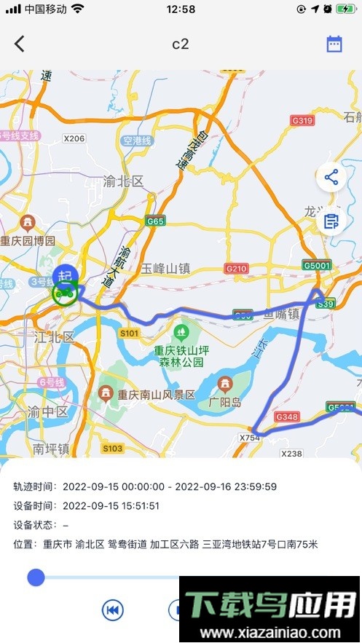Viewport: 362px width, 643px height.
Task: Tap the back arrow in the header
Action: tap(20, 44)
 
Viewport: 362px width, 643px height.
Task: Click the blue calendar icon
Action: tap(334, 44)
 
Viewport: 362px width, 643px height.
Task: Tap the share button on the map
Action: tap(331, 177)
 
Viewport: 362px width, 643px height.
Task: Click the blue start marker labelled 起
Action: tap(65, 275)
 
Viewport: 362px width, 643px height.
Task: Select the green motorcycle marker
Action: tap(64, 293)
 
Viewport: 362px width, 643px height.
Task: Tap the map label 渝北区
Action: tap(123, 181)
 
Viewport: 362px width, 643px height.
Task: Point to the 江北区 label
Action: tap(55, 336)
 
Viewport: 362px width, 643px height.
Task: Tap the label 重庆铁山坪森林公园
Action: tap(181, 356)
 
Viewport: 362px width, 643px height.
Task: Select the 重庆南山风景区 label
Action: tap(157, 395)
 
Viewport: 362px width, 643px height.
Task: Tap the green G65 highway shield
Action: tap(155, 221)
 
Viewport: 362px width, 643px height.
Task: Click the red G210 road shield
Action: tap(237, 268)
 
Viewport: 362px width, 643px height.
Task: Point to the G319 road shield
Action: tap(302, 120)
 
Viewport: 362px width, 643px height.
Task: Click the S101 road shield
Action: tap(129, 333)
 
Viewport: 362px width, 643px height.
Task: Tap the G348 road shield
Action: tap(287, 417)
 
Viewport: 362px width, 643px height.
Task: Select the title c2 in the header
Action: tap(181, 44)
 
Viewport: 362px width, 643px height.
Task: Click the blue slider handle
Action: tap(36, 577)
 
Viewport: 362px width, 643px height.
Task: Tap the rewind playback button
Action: tap(113, 610)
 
